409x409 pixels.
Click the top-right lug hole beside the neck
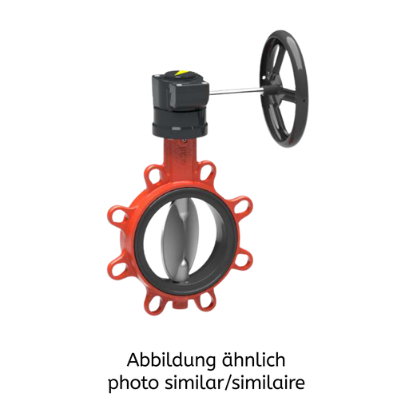[x=208, y=172]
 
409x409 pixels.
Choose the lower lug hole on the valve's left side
[x=115, y=264]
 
